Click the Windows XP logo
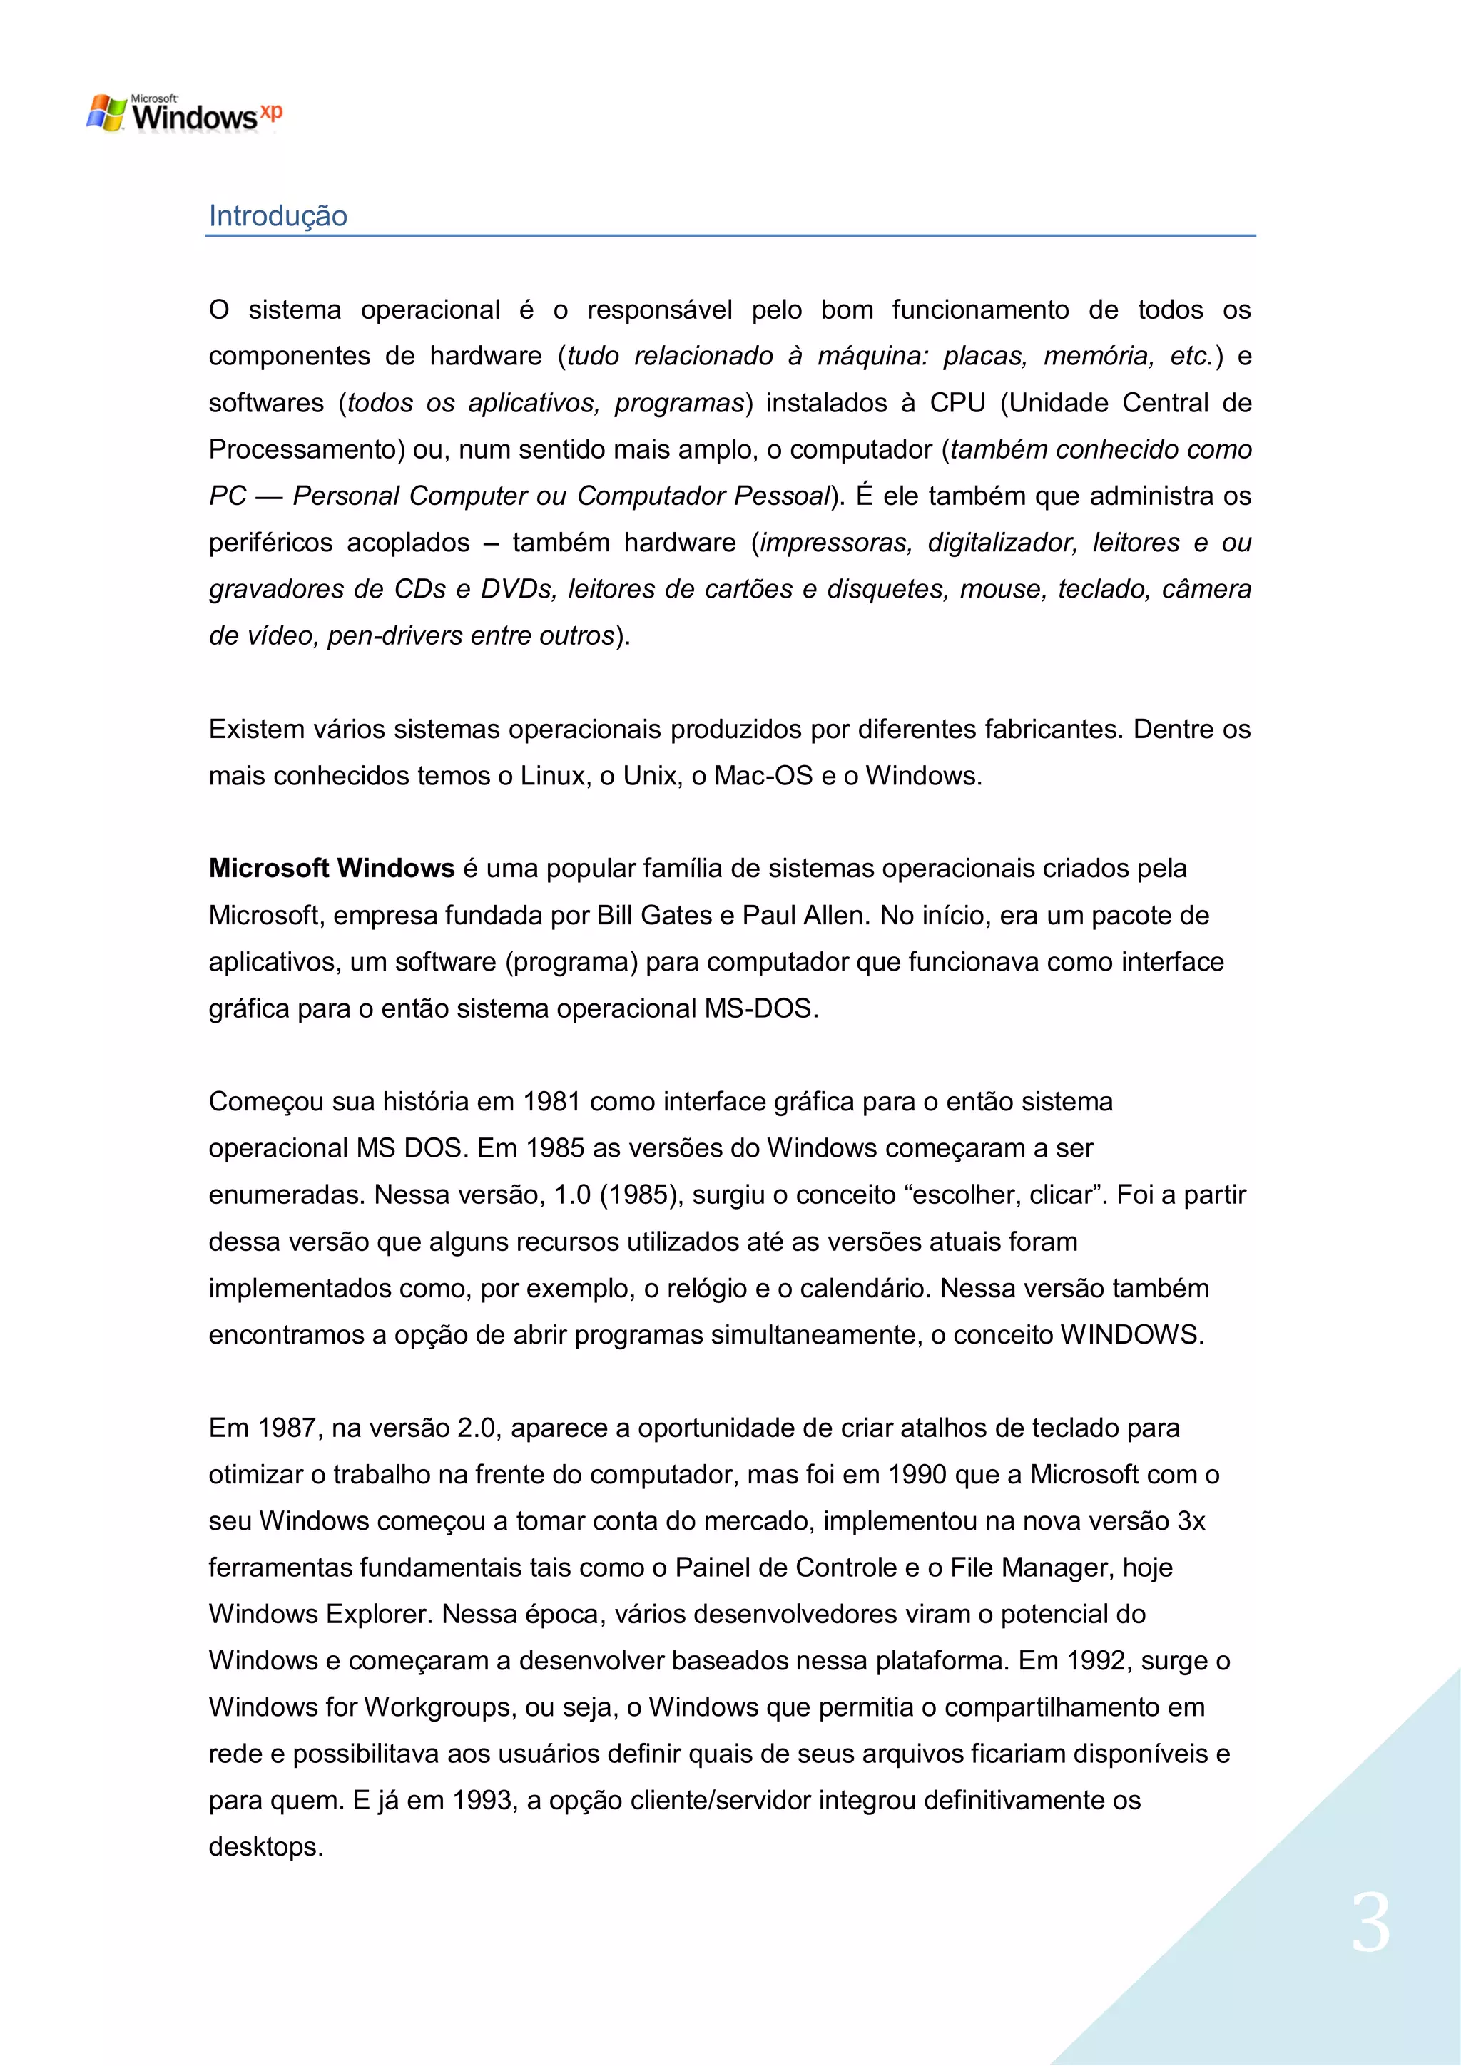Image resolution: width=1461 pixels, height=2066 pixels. tap(183, 113)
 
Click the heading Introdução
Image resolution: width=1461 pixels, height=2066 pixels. tap(278, 216)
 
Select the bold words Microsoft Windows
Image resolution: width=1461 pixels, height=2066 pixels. tap(331, 869)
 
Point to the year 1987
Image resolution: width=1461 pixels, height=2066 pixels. tap(287, 1428)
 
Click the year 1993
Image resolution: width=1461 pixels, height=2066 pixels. tap(484, 1801)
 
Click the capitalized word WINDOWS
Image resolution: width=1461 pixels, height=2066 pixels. tap(1131, 1334)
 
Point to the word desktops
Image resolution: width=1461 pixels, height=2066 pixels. tap(265, 1847)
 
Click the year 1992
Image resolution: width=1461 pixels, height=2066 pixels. tap(1098, 1660)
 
